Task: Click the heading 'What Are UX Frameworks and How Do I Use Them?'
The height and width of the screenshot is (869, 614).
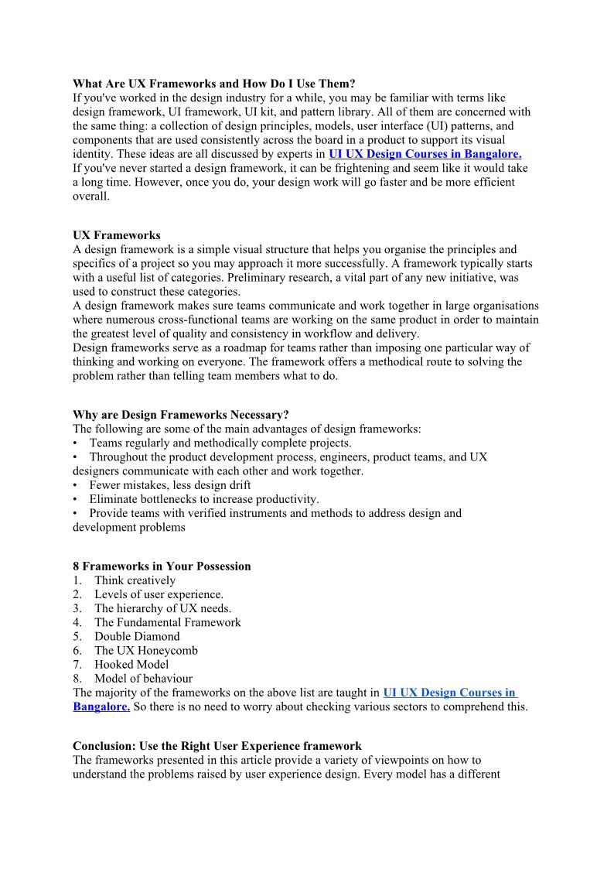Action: point(213,84)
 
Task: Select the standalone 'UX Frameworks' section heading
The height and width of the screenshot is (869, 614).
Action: point(117,235)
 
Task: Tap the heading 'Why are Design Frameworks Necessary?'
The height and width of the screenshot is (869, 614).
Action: point(181,415)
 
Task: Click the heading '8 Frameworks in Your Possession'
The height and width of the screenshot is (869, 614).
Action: point(162,566)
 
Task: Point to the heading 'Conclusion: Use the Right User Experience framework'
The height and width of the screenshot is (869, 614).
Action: point(217,746)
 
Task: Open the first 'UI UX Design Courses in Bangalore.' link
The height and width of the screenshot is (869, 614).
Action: point(425,154)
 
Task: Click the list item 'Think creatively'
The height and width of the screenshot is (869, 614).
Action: point(135,580)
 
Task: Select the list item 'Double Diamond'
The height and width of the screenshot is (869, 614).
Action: point(137,636)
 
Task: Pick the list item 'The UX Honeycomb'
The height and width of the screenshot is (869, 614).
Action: point(146,650)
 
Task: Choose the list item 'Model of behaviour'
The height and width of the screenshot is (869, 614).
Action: point(143,679)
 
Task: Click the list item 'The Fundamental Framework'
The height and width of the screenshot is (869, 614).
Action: point(168,622)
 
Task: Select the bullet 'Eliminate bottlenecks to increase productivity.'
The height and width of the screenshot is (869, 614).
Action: point(204,499)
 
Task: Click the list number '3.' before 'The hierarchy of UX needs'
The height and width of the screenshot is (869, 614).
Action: point(77,608)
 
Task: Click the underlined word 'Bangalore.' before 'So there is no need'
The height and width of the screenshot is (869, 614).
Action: point(101,706)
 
